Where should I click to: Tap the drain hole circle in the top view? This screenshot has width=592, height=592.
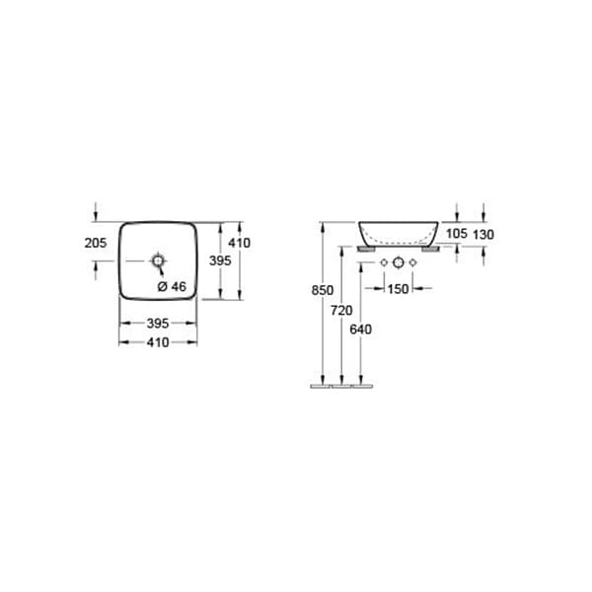click(x=156, y=261)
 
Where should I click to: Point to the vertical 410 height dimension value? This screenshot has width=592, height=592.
click(x=240, y=242)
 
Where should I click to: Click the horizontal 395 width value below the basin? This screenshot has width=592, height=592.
click(x=158, y=323)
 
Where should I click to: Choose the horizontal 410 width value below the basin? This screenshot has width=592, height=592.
click(x=158, y=341)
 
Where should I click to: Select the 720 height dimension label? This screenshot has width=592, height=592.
click(x=340, y=310)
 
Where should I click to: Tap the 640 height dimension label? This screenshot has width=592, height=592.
click(x=360, y=329)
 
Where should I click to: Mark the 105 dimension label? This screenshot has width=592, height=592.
click(x=457, y=234)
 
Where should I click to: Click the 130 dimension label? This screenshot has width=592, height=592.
click(x=482, y=234)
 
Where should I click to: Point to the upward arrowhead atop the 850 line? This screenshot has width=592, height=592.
click(x=323, y=226)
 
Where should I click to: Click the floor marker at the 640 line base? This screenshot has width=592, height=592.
click(x=362, y=386)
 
